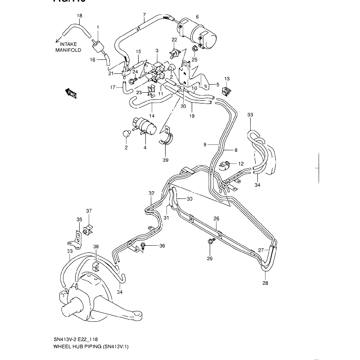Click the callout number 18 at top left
79,16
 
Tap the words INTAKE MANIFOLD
66,47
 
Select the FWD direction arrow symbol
71,93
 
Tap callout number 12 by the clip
241,164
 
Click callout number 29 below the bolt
209,258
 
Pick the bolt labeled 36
143,245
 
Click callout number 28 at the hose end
265,283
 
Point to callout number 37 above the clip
89,211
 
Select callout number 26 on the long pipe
216,219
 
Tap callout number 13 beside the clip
227,79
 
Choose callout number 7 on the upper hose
144,15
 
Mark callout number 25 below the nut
194,59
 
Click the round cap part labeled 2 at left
127,133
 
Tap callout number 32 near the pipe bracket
152,193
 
